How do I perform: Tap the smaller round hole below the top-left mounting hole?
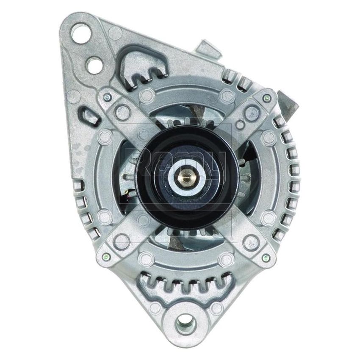click(93, 64)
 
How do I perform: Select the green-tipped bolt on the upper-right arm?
click(266, 98)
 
